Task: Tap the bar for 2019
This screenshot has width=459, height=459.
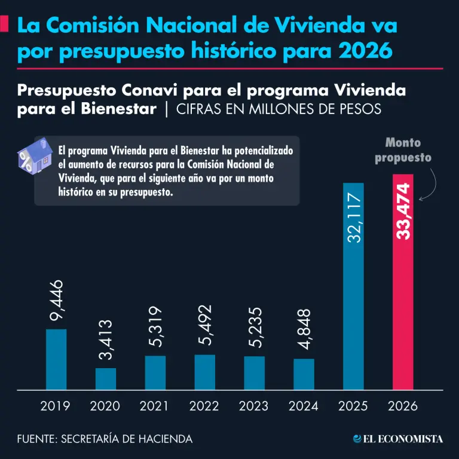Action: [56, 359]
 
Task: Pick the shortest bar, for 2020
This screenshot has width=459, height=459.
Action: [106, 379]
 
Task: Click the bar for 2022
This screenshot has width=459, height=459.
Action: [205, 372]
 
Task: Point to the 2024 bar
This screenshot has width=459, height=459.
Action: [304, 374]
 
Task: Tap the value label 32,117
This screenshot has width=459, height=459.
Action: [354, 218]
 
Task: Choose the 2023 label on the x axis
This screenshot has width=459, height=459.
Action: [253, 406]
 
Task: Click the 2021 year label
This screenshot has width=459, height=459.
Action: [155, 406]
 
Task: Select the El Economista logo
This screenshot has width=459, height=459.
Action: [398, 439]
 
